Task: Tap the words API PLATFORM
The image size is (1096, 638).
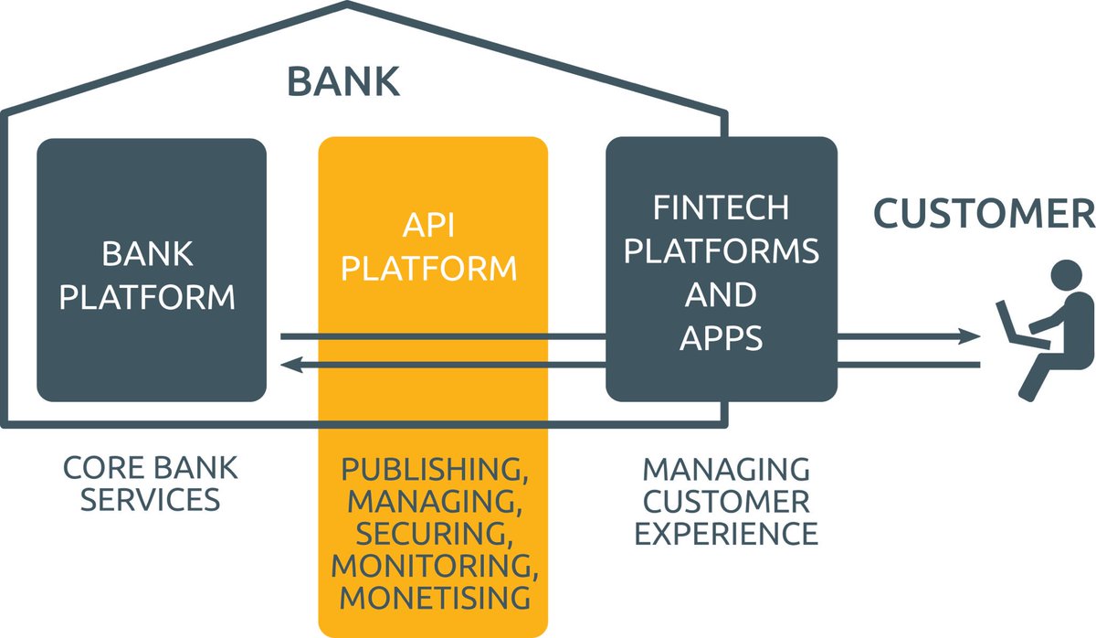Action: point(434,247)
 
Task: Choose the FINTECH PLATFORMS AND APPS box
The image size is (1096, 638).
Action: point(722,271)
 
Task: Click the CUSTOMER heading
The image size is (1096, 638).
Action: point(984,212)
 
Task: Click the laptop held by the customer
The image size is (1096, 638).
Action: point(1010,322)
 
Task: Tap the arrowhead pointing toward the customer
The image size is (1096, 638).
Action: point(974,337)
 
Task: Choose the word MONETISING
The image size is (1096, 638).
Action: point(434,597)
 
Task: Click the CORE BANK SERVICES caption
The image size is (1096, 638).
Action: point(150,484)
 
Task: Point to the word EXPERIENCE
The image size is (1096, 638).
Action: point(726,533)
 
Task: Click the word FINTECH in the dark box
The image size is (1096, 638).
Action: point(722,207)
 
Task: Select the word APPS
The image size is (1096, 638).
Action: point(722,338)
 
